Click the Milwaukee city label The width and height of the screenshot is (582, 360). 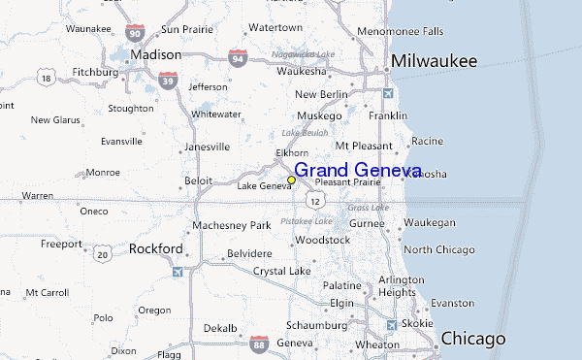pyautogui.click(x=434, y=62)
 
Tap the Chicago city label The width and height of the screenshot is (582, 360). pyautogui.click(x=472, y=339)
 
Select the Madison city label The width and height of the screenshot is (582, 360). pyautogui.click(x=156, y=54)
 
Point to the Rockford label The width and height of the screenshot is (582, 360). pyautogui.click(x=155, y=248)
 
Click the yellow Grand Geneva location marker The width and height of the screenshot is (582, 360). pyautogui.click(x=292, y=180)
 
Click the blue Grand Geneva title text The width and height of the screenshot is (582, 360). pyautogui.click(x=357, y=171)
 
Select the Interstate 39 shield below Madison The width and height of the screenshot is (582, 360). pyautogui.click(x=169, y=82)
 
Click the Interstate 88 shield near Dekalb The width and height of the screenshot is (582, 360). pyautogui.click(x=258, y=344)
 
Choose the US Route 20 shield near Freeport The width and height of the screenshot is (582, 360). pyautogui.click(x=102, y=253)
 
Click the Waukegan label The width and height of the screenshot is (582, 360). pyautogui.click(x=429, y=222)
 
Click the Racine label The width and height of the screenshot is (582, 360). pyautogui.click(x=427, y=141)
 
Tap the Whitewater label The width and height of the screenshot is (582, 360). pyautogui.click(x=215, y=114)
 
